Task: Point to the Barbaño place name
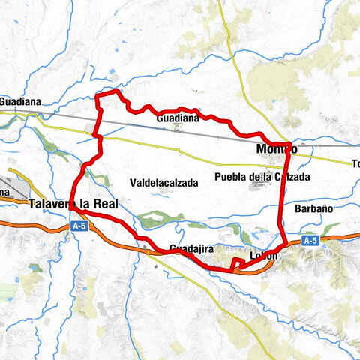[313, 208]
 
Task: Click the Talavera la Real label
[73, 203]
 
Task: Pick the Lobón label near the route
[266, 256]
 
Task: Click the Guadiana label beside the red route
[178, 118]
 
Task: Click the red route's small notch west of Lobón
[236, 261]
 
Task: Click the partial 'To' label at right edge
[355, 163]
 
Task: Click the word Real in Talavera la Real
[103, 203]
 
